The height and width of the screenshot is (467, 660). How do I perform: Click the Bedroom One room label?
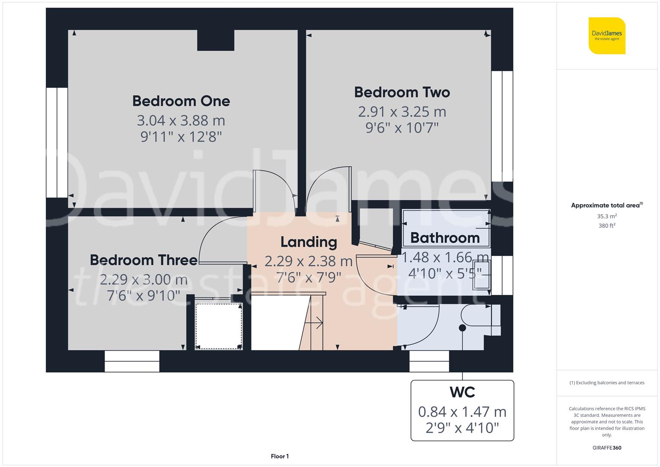click(181, 101)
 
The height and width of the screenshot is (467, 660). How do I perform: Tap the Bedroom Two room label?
click(402, 92)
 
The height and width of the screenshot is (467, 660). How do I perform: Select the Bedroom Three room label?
click(143, 260)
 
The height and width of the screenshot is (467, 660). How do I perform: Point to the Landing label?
click(309, 242)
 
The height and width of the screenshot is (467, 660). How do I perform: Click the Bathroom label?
click(445, 238)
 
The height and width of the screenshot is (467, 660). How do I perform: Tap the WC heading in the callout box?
click(462, 392)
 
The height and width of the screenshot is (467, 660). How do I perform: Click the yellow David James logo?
click(607, 35)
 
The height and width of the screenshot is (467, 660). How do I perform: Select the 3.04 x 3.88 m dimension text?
click(181, 121)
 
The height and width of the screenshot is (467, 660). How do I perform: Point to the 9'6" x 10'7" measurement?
click(402, 128)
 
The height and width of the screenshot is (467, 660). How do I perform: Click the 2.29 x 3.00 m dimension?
click(143, 279)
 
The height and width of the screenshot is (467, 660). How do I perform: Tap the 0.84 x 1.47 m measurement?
click(462, 412)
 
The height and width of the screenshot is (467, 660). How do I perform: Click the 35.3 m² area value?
click(607, 216)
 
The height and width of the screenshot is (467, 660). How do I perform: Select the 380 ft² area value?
click(607, 226)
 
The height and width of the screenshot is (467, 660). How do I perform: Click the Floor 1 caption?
click(280, 456)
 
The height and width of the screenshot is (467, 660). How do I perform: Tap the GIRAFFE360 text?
click(607, 448)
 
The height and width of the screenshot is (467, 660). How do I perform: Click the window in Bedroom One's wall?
click(57, 142)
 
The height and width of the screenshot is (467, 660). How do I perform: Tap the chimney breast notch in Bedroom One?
click(216, 40)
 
